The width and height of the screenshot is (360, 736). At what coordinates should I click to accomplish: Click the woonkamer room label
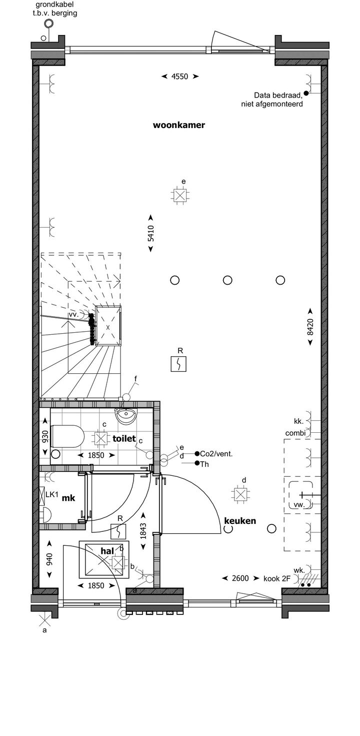click(179, 126)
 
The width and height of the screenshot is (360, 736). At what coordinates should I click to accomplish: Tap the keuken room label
click(240, 521)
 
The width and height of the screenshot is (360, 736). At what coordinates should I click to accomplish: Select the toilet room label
click(124, 438)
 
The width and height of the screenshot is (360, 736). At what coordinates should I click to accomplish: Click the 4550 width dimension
click(179, 77)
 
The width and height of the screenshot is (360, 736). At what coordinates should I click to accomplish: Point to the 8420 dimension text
click(310, 326)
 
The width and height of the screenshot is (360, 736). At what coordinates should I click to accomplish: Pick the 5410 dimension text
click(150, 235)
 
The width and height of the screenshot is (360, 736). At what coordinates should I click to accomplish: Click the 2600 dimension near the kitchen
click(240, 578)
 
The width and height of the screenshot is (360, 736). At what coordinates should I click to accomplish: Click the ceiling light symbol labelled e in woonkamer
click(180, 196)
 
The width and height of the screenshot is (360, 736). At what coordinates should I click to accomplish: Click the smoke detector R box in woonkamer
click(179, 364)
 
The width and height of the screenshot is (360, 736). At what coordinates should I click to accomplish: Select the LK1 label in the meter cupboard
click(52, 495)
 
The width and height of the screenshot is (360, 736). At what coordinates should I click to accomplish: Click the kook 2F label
click(277, 578)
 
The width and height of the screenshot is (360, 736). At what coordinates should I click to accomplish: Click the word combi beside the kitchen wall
click(295, 433)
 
